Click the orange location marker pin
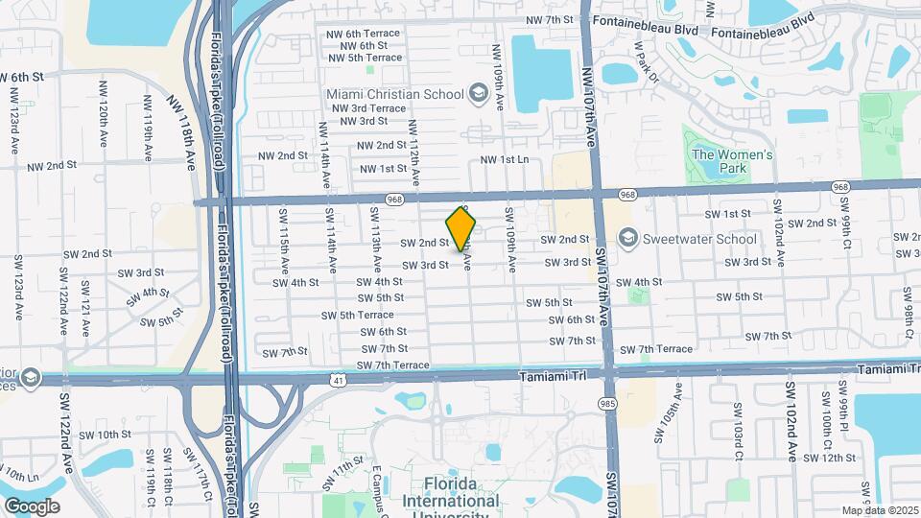461,228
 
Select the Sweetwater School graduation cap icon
628,236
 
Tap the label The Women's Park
732,161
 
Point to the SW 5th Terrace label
358,315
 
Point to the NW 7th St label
550,19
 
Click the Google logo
32,506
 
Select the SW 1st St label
727,213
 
